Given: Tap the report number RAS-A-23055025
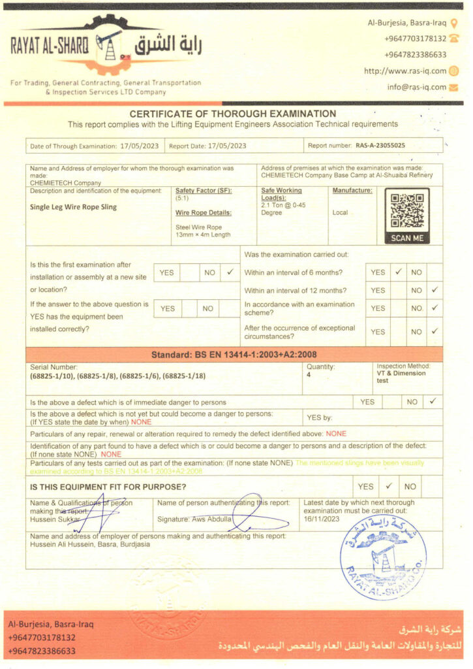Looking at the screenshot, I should pyautogui.click(x=380, y=146).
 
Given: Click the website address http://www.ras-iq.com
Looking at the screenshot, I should pyautogui.click(x=405, y=71).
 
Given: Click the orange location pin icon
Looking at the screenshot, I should pyautogui.click(x=454, y=24).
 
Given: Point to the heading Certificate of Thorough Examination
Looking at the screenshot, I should pyautogui.click(x=233, y=114).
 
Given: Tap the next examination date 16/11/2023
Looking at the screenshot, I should pyautogui.click(x=322, y=519).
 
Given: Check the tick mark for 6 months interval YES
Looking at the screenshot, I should pyautogui.click(x=397, y=272).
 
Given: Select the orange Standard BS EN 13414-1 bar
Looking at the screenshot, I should pyautogui.click(x=234, y=355).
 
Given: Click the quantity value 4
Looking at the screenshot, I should pyautogui.click(x=309, y=375).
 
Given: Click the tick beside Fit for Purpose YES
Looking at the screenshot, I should pyautogui.click(x=389, y=486).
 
